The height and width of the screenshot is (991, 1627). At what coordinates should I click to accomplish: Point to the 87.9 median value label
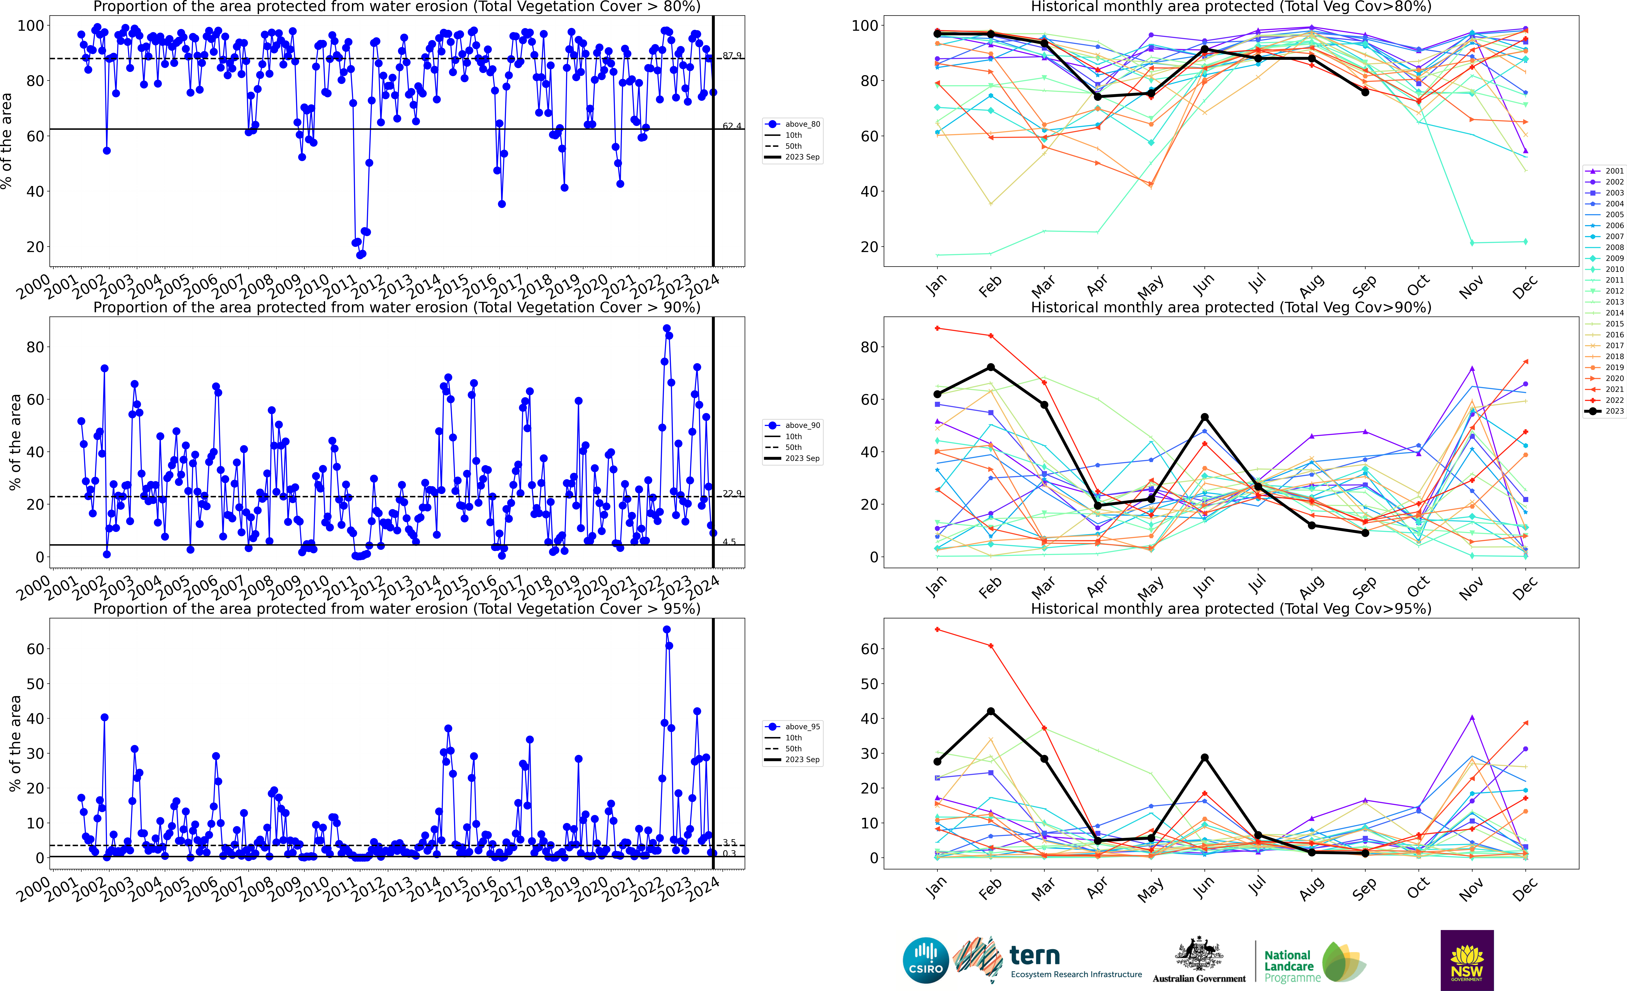(732, 55)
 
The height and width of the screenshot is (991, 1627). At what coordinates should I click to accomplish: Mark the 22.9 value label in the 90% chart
(732, 494)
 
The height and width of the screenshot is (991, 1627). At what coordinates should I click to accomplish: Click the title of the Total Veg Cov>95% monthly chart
(1231, 608)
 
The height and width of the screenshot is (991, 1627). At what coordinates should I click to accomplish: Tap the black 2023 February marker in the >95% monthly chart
(990, 712)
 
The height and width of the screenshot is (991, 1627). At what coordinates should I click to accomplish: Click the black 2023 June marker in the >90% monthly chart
(1204, 417)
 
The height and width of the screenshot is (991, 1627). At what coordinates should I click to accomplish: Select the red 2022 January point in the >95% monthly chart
(937, 630)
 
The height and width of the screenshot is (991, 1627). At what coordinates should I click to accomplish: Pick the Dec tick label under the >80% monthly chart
(1525, 287)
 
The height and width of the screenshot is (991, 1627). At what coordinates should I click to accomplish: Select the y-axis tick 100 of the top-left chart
(30, 26)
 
